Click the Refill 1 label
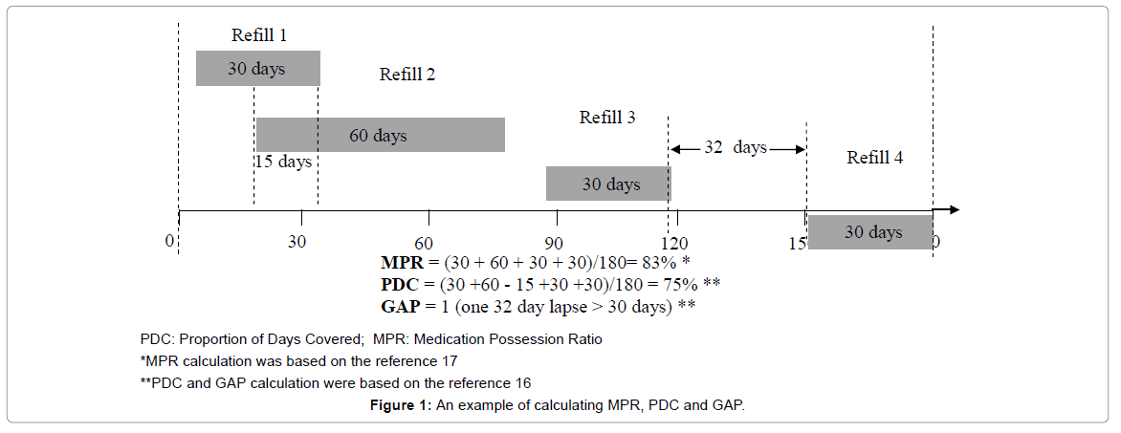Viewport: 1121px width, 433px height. (258, 36)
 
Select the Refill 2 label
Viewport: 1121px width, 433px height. (407, 75)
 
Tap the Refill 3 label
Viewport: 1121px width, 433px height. (607, 118)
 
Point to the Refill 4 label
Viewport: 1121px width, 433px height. (874, 158)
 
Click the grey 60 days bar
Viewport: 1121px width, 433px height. (380, 135)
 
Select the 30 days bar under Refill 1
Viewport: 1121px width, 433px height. (257, 69)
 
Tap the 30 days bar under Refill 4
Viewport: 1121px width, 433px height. (870, 232)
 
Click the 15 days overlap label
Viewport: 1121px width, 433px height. (284, 162)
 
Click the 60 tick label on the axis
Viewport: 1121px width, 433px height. (424, 242)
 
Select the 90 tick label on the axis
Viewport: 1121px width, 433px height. (553, 242)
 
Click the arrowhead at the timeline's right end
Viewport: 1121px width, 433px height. (952, 210)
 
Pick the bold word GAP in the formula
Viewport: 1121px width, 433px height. (400, 306)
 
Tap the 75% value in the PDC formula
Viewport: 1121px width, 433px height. (679, 284)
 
